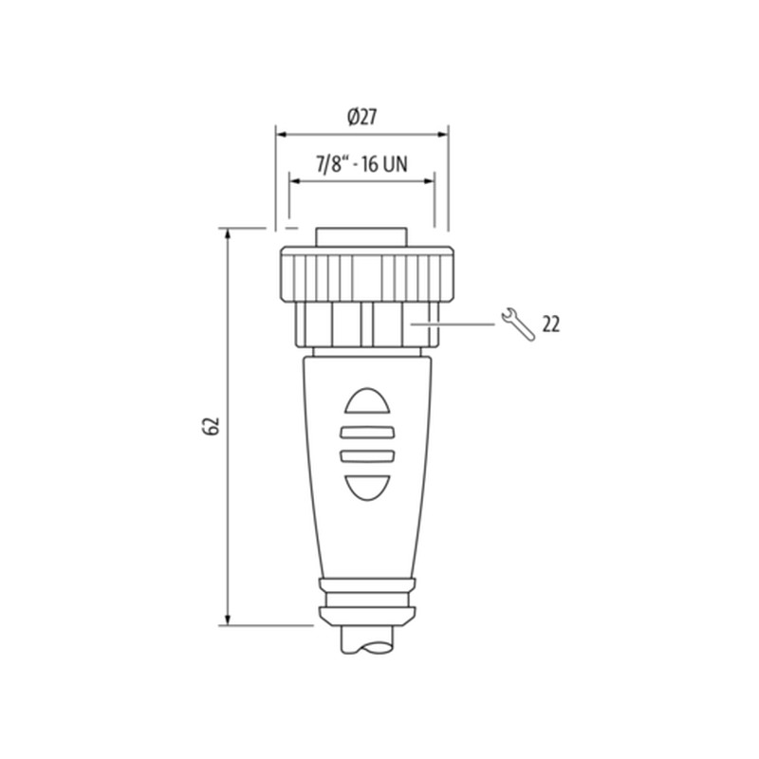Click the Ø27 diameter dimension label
(x=362, y=117)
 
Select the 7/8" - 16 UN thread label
(x=361, y=164)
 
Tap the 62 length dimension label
(x=212, y=425)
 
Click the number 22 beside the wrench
(x=551, y=324)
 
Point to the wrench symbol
(x=518, y=324)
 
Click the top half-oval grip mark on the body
(x=367, y=400)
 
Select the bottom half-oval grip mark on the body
(x=367, y=488)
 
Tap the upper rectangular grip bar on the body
(x=367, y=432)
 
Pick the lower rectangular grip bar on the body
(x=367, y=456)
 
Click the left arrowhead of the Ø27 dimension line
(x=282, y=134)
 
